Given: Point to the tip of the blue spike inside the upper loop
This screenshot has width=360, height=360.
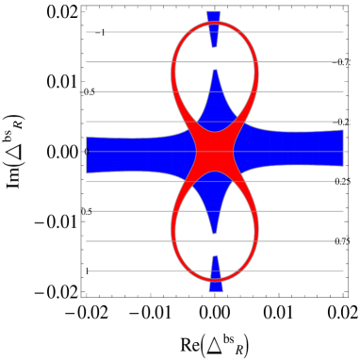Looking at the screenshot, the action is (x=215, y=71).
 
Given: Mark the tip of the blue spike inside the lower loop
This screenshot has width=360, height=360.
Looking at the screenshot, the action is (x=215, y=232).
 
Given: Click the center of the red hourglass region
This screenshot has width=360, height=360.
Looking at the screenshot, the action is (x=215, y=151).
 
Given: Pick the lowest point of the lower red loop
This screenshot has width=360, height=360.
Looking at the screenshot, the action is (x=215, y=279).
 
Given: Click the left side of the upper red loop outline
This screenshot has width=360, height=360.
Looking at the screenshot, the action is (x=172, y=71).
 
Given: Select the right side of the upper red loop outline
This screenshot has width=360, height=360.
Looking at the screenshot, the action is (x=257, y=71).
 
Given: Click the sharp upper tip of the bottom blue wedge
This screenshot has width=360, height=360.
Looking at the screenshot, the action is (x=215, y=255).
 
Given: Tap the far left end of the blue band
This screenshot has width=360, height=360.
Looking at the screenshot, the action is (x=88, y=155).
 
